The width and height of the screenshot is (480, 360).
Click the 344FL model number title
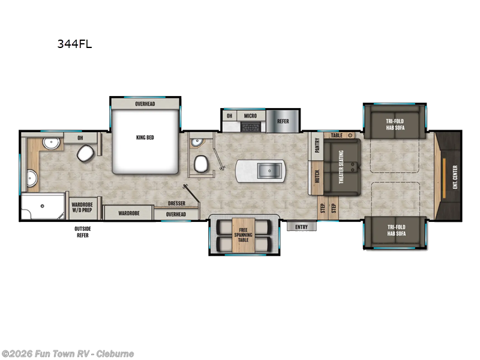pyautogui.click(x=74, y=44)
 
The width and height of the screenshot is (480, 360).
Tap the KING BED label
pyautogui.click(x=145, y=137)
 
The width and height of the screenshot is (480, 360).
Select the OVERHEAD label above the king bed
pyautogui.click(x=145, y=104)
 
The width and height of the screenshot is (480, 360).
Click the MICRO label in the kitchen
pyautogui.click(x=250, y=115)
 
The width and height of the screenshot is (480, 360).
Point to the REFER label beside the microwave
pyautogui.click(x=283, y=121)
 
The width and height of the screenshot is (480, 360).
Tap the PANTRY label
pyautogui.click(x=316, y=145)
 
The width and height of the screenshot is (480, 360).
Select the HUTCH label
pyautogui.click(x=316, y=177)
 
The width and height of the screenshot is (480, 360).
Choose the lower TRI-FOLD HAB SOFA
pyautogui.click(x=395, y=230)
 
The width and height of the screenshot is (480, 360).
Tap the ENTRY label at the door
pyautogui.click(x=301, y=226)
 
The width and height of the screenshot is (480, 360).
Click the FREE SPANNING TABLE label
pyautogui.click(x=243, y=235)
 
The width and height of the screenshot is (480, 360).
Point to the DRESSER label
pyautogui.click(x=176, y=203)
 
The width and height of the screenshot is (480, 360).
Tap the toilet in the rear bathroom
pyautogui.click(x=84, y=155)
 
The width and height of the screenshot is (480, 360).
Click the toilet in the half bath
pyautogui.click(x=201, y=163)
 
